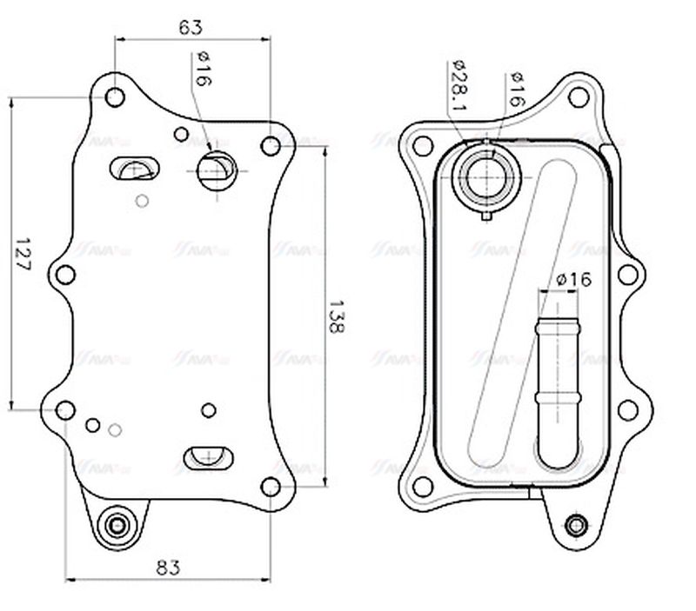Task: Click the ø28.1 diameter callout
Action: [459, 86]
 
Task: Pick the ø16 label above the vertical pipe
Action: [572, 280]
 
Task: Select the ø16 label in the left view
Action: [202, 69]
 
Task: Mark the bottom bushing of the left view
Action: [115, 526]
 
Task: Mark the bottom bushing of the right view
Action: [574, 525]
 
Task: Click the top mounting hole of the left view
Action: [114, 96]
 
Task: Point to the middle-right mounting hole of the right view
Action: [628, 276]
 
